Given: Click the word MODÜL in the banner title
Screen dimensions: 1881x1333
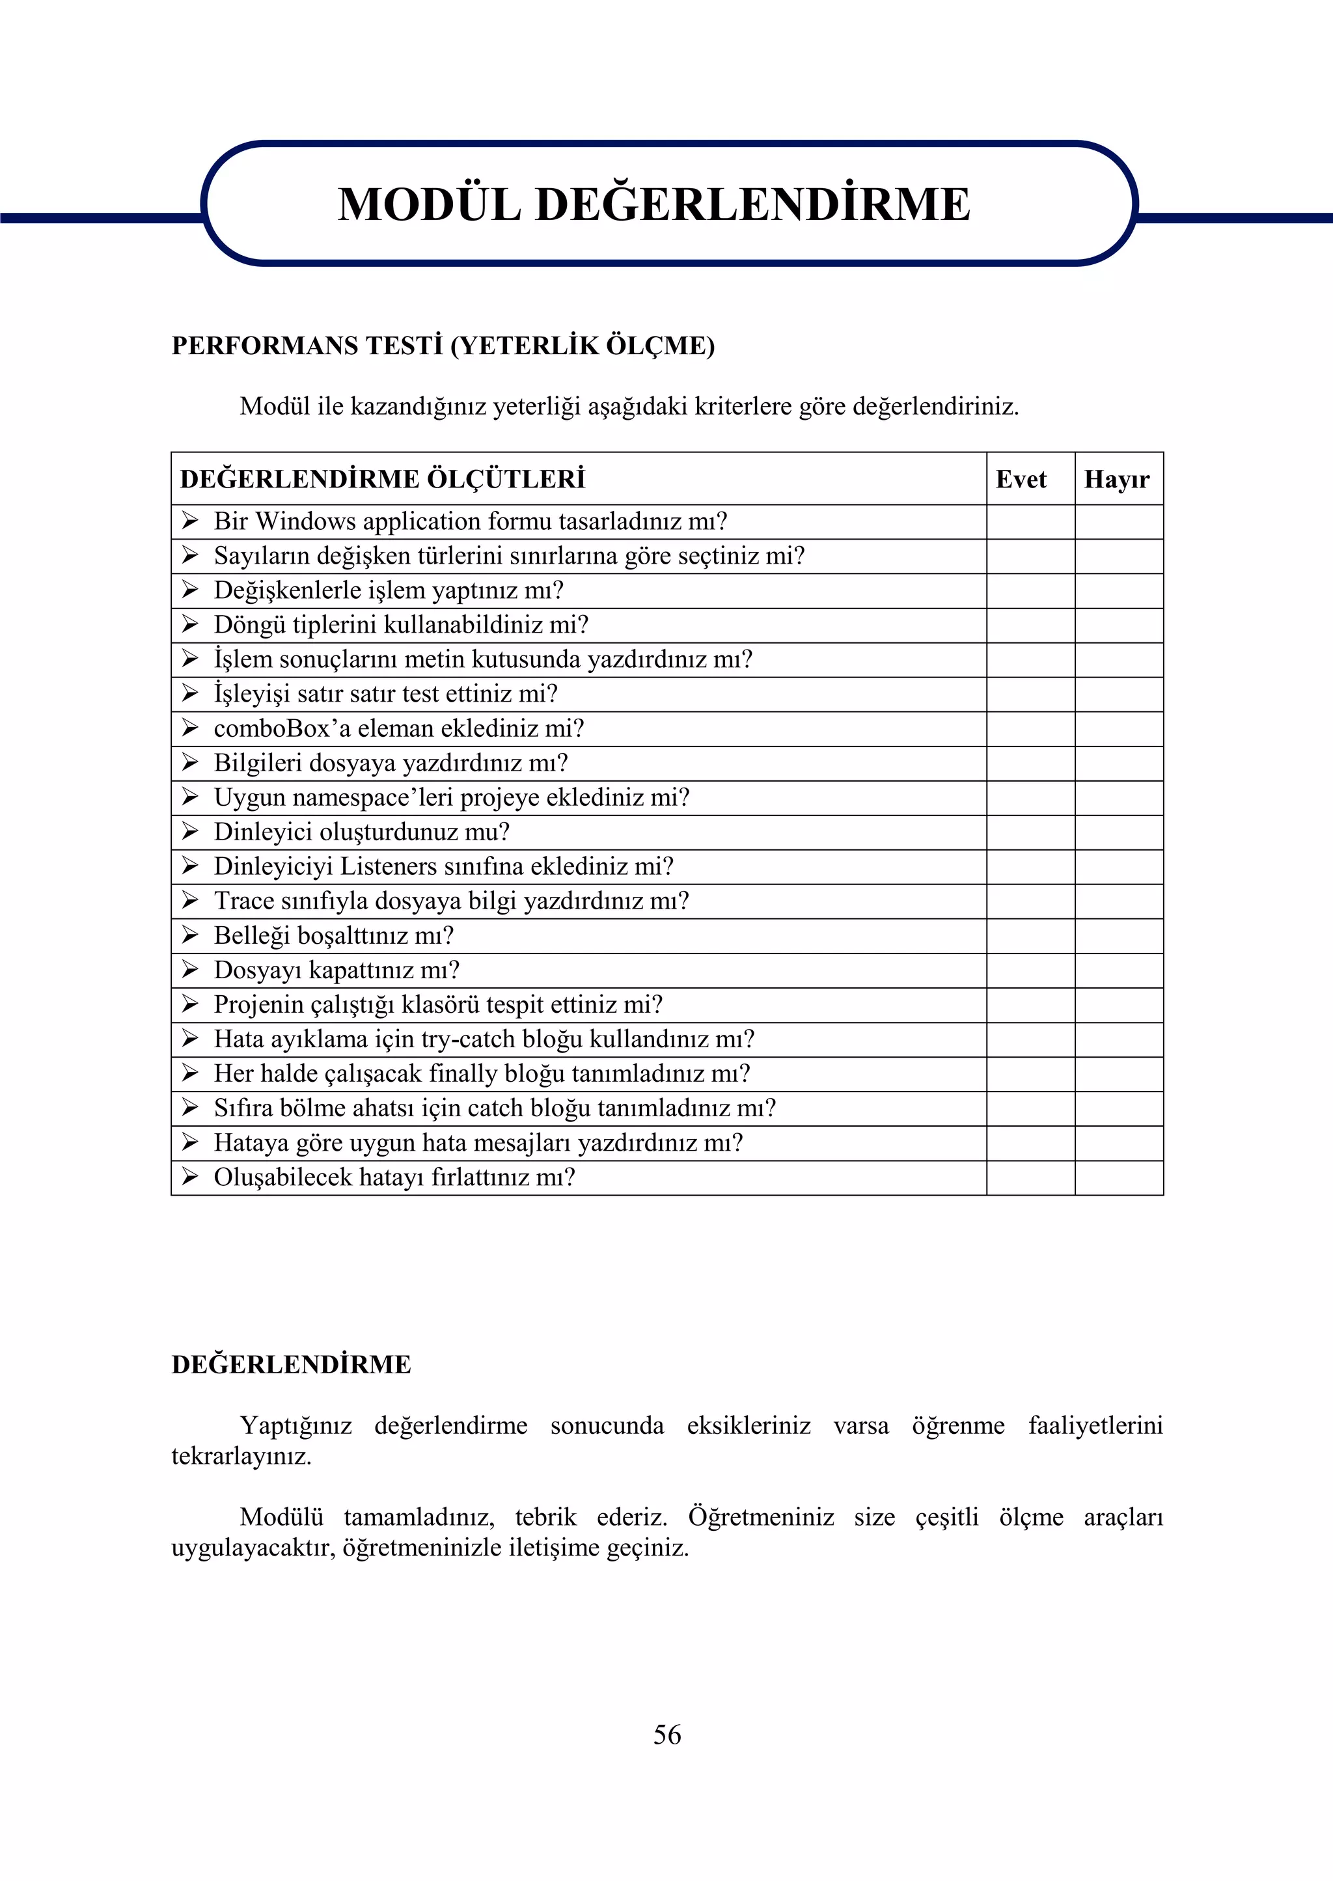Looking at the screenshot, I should [x=430, y=204].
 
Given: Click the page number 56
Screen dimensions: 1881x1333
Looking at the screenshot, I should [x=666, y=1734].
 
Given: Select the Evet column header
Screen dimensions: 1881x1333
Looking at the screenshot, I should [x=1021, y=479].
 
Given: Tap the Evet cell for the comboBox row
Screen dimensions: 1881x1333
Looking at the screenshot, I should [x=1030, y=729].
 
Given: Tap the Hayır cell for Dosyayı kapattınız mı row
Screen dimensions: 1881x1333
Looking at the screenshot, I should [x=1119, y=970].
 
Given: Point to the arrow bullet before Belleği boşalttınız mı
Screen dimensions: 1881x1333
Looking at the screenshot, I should [x=191, y=935].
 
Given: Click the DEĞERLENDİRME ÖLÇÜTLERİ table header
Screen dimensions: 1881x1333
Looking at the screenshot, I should [x=383, y=479].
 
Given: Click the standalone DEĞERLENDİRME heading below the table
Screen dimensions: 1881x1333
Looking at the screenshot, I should [x=292, y=1365].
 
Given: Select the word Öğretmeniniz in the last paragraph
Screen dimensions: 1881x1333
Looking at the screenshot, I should [x=761, y=1517].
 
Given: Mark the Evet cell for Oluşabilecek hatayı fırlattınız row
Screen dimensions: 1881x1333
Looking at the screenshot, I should [x=1030, y=1177].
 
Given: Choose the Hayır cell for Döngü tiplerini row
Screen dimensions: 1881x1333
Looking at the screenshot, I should [x=1119, y=625].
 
